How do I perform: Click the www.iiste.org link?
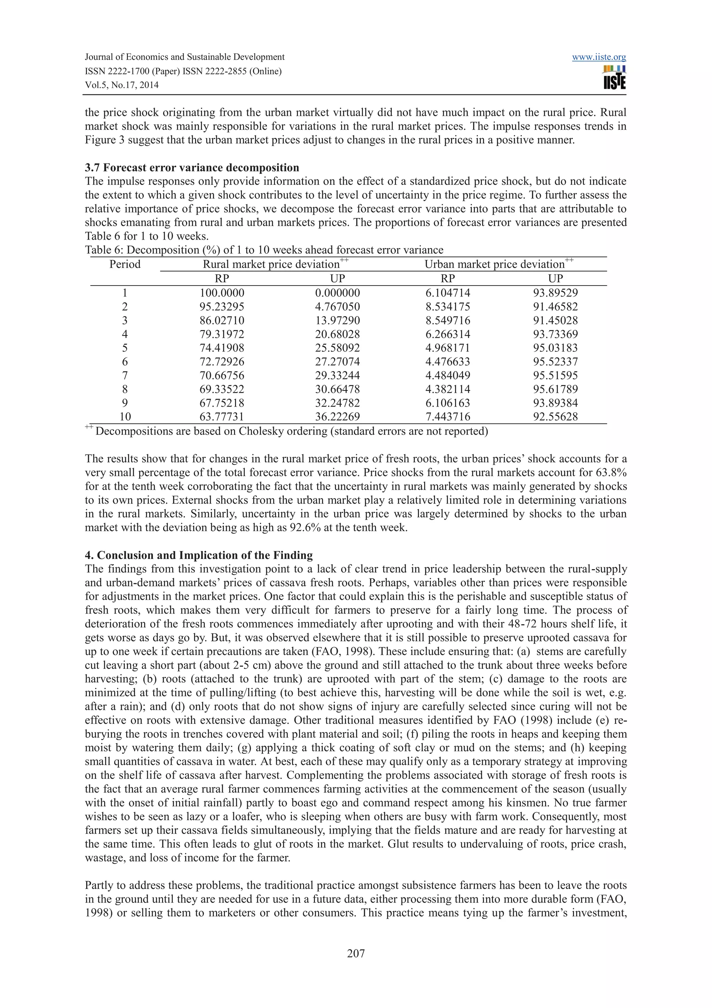[x=599, y=57]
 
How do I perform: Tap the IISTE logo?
[x=614, y=78]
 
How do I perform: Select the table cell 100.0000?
[x=222, y=293]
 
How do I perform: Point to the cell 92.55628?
[x=556, y=417]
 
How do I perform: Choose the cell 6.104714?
[x=448, y=293]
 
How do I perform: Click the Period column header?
[x=125, y=264]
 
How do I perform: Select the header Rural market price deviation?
[x=272, y=264]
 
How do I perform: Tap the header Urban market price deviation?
[x=495, y=264]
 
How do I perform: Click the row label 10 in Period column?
[x=125, y=417]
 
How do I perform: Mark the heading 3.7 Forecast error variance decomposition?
[x=192, y=168]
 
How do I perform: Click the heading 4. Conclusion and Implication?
[x=199, y=555]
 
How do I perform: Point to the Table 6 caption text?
[x=264, y=250]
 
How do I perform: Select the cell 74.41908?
[x=222, y=348]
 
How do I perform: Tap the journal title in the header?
[x=185, y=57]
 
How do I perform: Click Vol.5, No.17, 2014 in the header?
[x=122, y=85]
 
